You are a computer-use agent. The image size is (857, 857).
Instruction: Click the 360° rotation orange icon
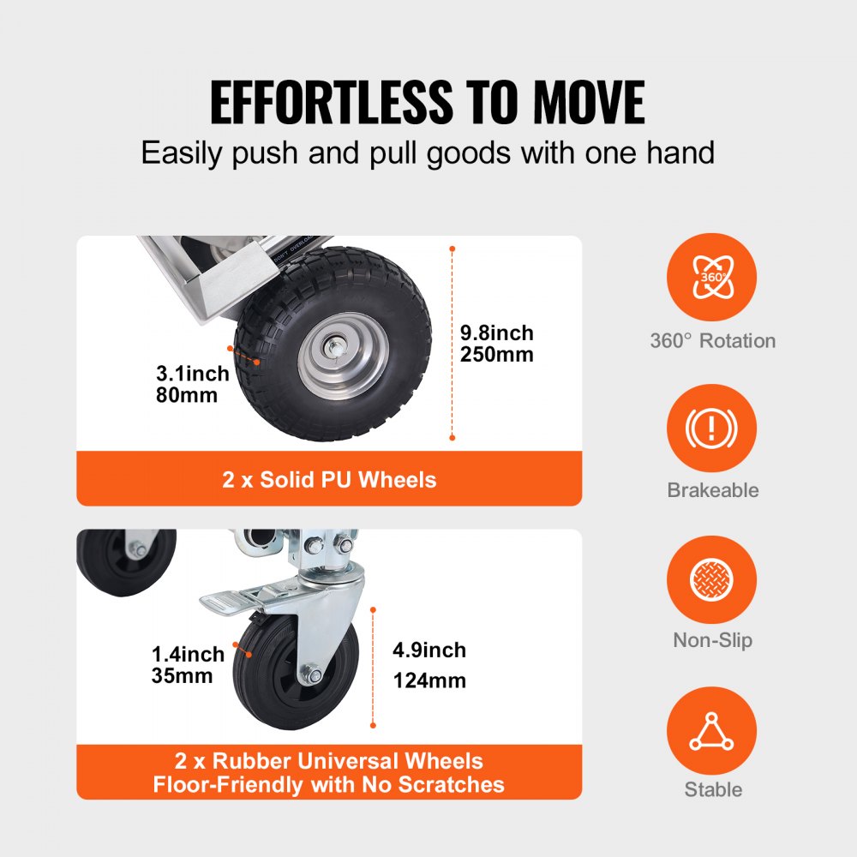point(712,277)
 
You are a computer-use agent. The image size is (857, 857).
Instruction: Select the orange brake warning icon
point(712,428)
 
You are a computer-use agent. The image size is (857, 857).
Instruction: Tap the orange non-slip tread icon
point(712,579)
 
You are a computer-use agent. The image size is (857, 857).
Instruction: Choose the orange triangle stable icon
point(712,731)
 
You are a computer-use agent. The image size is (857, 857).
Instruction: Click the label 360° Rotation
point(712,341)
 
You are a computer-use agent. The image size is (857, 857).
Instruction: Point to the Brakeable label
point(712,490)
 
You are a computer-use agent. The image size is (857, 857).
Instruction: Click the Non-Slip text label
point(712,640)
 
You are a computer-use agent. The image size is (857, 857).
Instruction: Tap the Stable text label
point(712,790)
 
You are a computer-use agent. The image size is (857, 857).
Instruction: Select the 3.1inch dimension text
point(193,374)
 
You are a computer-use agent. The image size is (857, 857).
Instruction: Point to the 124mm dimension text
point(429,681)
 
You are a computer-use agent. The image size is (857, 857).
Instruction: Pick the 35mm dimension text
point(182,676)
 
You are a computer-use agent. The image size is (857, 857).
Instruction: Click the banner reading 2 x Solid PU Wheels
point(329,479)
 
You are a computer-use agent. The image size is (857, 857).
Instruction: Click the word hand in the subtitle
point(678,153)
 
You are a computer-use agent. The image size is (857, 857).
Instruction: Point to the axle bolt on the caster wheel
point(315,677)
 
